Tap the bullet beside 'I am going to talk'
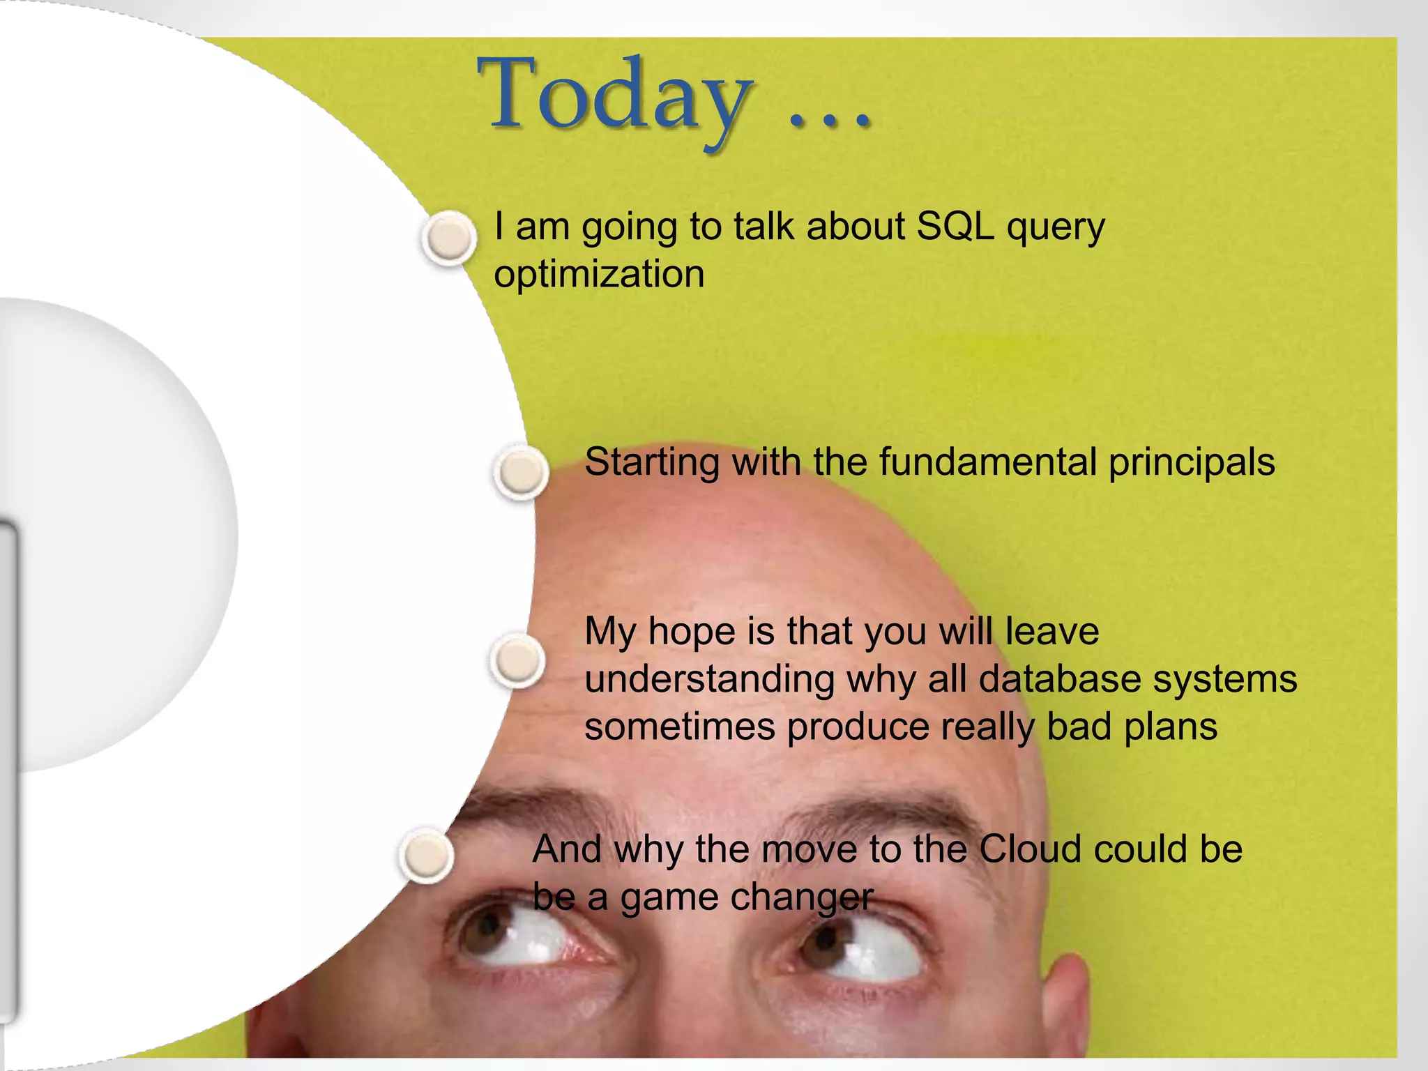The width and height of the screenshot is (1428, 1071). [x=450, y=238]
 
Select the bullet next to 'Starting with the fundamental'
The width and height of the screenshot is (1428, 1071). [x=521, y=472]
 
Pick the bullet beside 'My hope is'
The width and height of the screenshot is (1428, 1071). [x=518, y=660]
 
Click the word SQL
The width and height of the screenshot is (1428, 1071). [x=955, y=227]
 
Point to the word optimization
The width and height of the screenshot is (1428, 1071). [x=599, y=273]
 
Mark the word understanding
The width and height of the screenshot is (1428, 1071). [x=709, y=681]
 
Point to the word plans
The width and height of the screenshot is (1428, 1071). [x=1171, y=727]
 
